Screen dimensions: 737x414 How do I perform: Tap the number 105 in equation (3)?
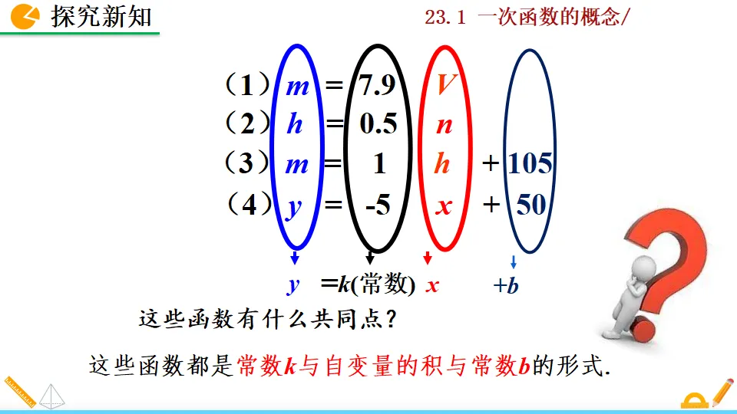(530, 163)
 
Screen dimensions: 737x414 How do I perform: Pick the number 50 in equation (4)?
(530, 204)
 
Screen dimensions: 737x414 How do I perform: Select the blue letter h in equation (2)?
(295, 124)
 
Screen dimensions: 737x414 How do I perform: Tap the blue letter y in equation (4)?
(294, 206)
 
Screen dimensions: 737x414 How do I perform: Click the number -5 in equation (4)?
(377, 205)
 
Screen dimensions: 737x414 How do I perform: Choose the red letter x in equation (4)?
(444, 206)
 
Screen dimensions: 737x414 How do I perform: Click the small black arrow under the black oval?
(370, 258)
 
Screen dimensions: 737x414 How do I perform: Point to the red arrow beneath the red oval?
(428, 258)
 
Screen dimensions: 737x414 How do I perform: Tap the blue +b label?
(507, 287)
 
